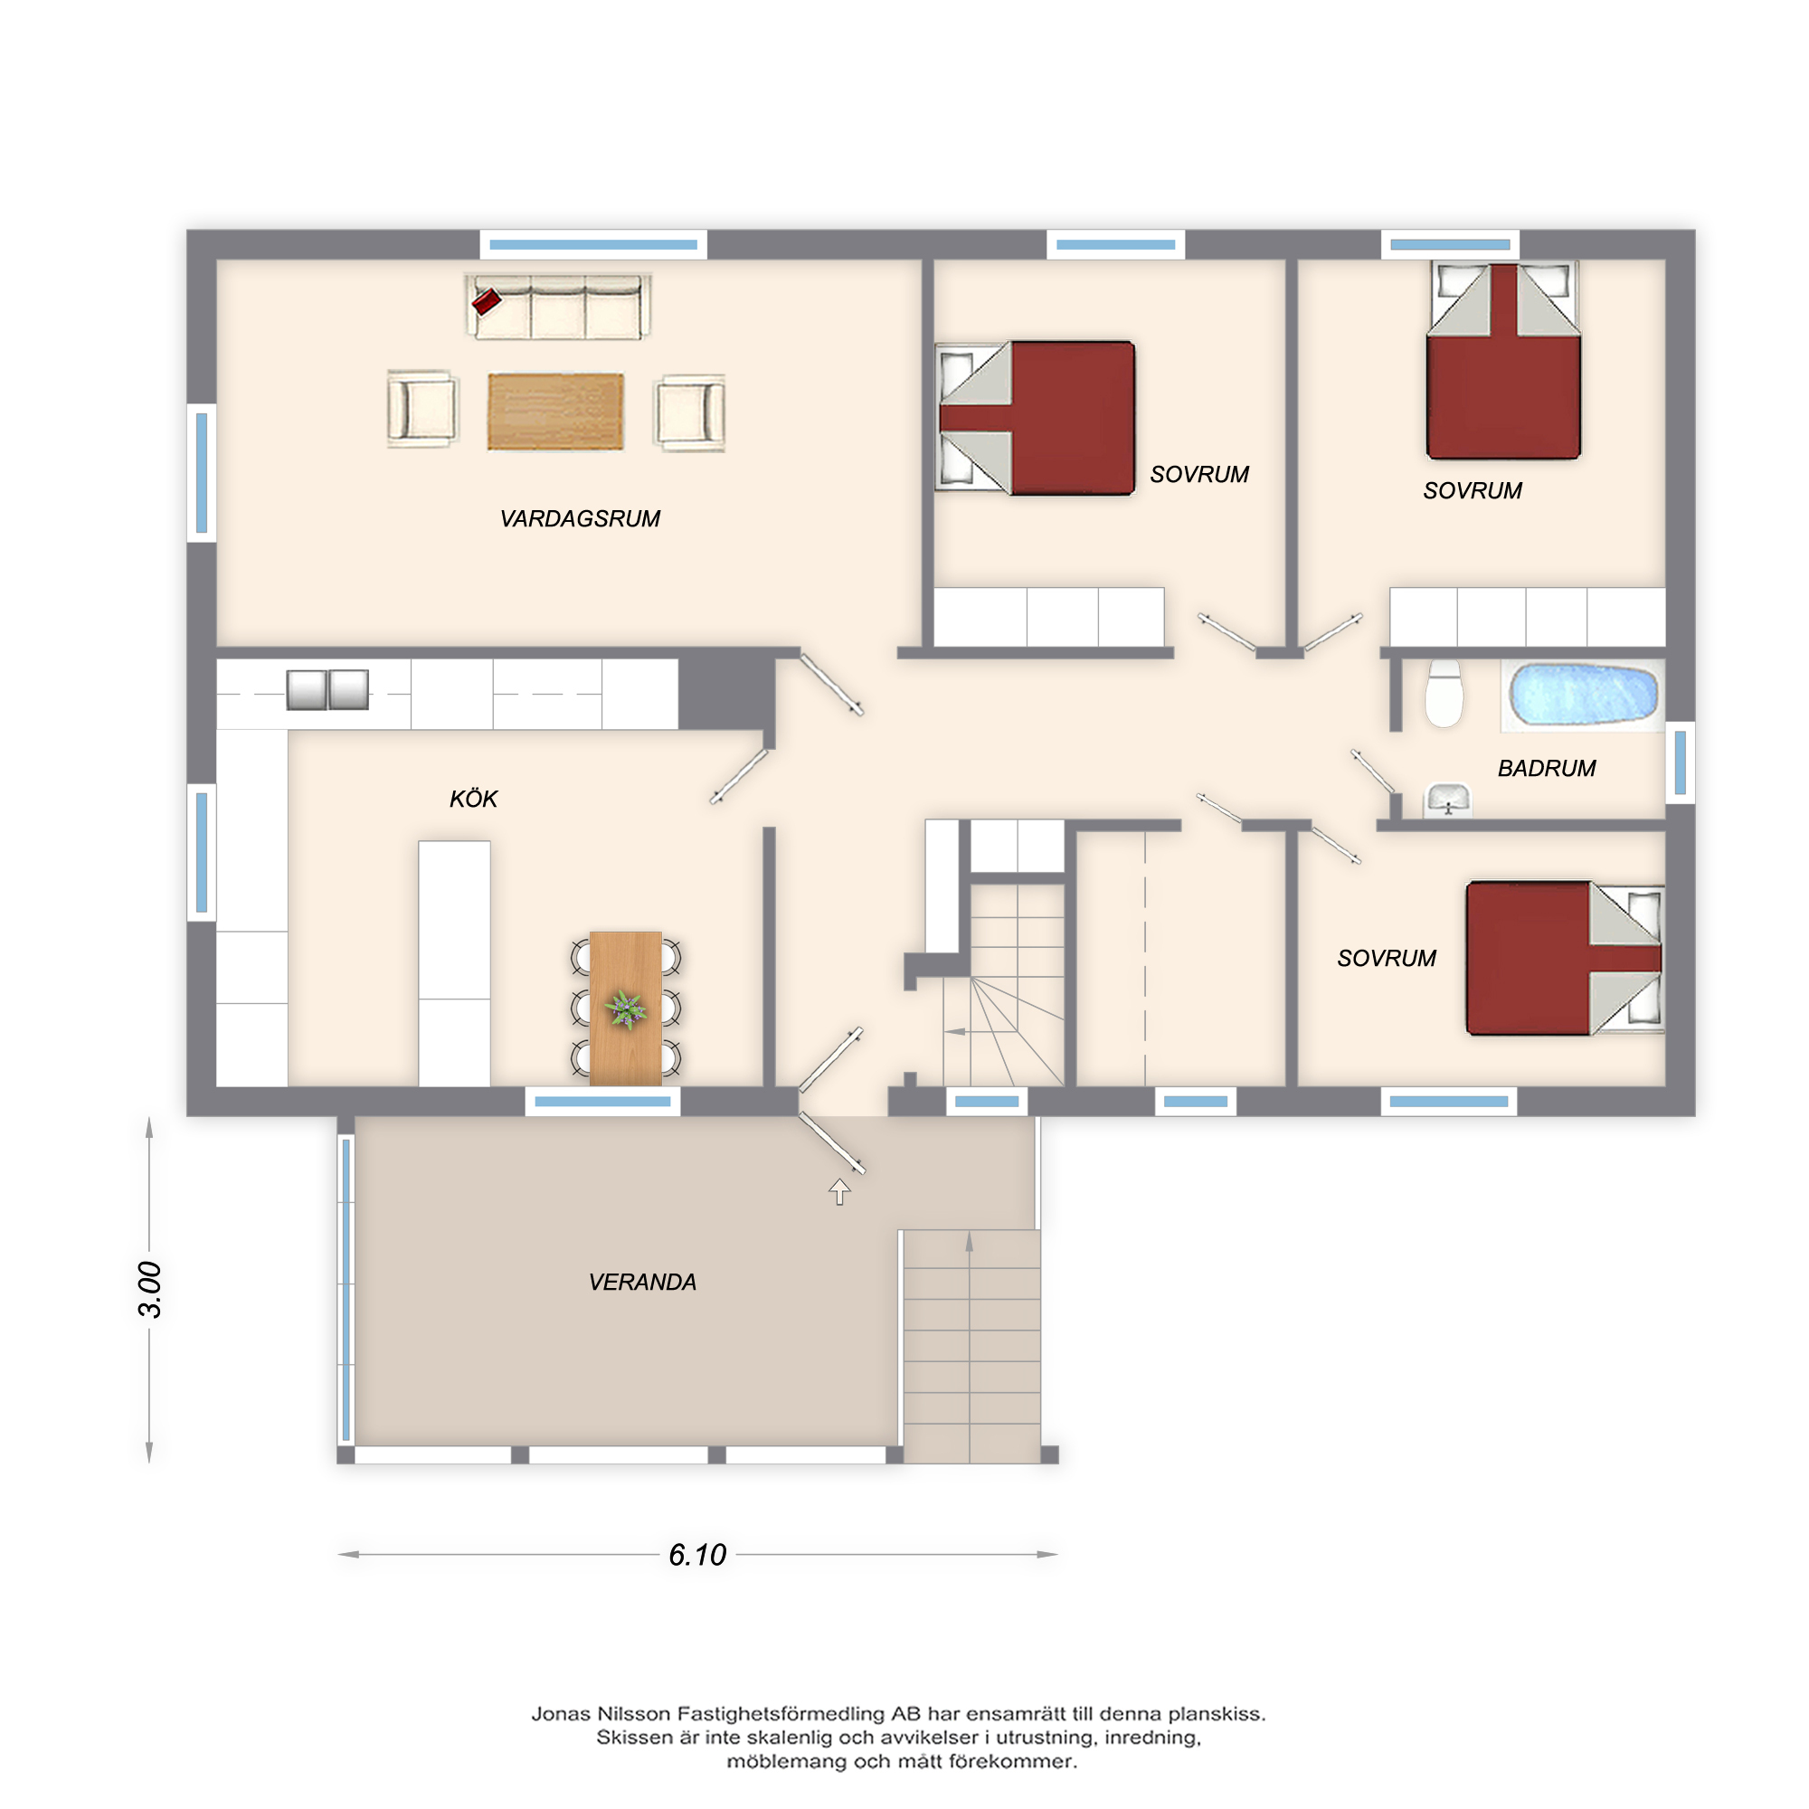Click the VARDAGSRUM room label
tap(580, 518)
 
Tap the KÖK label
tap(474, 799)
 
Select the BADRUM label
tap(1547, 769)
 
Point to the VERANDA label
tap(642, 1283)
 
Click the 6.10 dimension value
tap(697, 1554)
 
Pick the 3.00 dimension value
tap(150, 1289)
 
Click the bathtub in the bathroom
tap(1582, 695)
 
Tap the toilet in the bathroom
tap(1444, 694)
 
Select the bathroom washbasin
tap(1447, 800)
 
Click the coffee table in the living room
tap(555, 412)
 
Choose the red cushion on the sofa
tap(486, 301)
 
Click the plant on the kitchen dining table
tap(626, 1009)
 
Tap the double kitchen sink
tap(327, 690)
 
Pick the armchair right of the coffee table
tap(690, 413)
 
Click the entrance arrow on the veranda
tap(839, 1192)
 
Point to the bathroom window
tap(1680, 763)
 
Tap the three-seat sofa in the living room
tap(558, 308)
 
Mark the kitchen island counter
tap(454, 963)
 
